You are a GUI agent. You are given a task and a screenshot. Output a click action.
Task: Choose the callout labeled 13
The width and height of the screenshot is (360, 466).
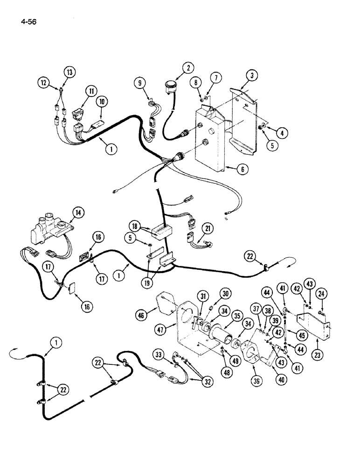(69, 72)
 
